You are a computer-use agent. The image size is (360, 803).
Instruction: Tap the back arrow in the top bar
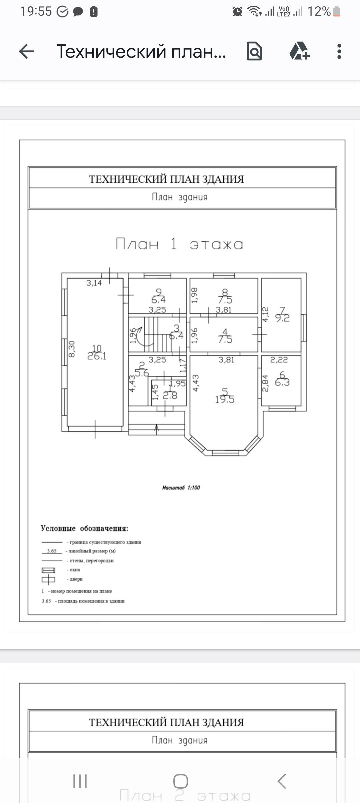[x=27, y=52]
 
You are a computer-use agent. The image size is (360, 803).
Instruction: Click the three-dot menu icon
[x=339, y=52]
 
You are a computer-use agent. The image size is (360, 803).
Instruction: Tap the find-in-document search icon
[x=254, y=51]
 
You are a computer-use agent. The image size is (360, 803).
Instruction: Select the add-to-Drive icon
[x=299, y=51]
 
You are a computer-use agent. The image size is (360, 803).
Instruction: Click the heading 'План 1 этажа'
[x=179, y=244]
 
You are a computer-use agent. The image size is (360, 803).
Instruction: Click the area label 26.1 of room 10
[x=97, y=356]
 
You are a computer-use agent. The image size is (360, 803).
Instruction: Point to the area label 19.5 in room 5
[x=225, y=399]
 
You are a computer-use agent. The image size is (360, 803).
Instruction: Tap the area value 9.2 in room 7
[x=282, y=318]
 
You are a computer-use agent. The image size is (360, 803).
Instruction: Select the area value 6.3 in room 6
[x=282, y=382]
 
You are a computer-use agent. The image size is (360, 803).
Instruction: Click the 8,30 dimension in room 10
[x=72, y=349]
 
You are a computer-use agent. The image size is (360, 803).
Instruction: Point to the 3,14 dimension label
[x=94, y=283]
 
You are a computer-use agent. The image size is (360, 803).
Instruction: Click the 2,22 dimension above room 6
[x=279, y=360]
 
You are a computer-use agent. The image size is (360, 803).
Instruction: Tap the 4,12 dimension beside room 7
[x=265, y=314]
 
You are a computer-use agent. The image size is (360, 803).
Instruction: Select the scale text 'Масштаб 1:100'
[x=181, y=488]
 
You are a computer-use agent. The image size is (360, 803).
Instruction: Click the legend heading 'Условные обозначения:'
[x=84, y=528]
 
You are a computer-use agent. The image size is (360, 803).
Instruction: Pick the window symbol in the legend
[x=48, y=570]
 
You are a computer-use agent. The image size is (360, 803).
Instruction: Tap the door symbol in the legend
[x=48, y=580]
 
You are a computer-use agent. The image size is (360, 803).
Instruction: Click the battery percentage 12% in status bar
[x=319, y=12]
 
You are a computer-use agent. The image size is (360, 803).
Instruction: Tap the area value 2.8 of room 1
[x=170, y=396]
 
